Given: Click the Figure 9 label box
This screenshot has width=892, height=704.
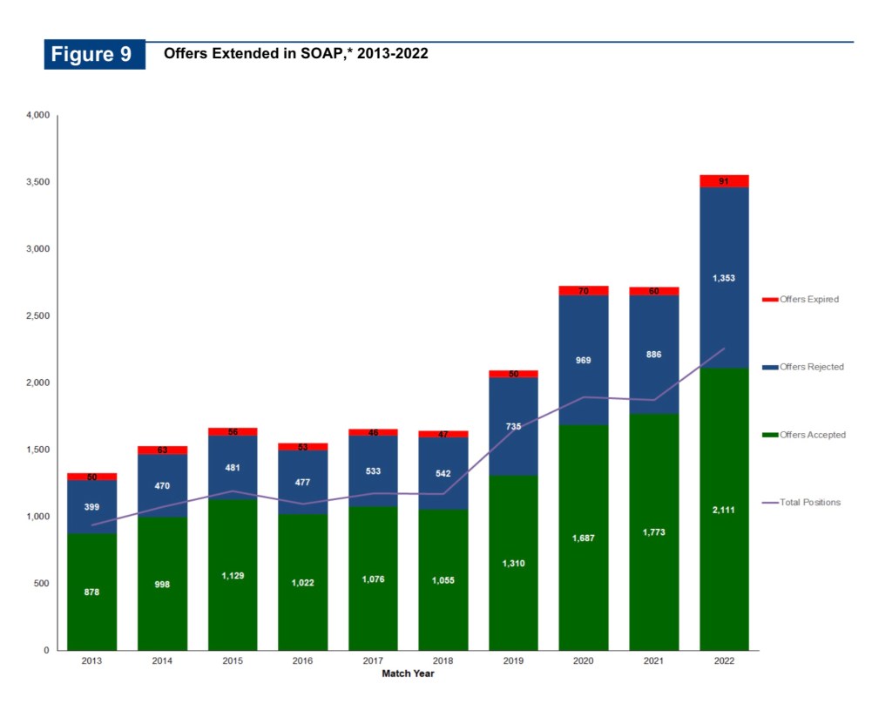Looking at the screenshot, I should tap(95, 54).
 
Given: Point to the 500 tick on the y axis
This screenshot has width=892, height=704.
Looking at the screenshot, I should tap(42, 584).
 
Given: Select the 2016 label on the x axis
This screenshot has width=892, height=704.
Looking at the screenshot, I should tap(302, 661).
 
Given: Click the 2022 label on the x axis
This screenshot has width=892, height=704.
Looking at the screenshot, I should tap(724, 661).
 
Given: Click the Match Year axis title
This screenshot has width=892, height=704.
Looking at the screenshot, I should tap(408, 674).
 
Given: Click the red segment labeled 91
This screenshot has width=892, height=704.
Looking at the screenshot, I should tap(724, 181).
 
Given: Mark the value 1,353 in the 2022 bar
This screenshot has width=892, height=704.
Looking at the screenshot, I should tap(724, 279).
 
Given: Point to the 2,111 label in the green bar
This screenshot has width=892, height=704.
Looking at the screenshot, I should tap(724, 510).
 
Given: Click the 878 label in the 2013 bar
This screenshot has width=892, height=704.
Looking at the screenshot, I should tap(91, 592).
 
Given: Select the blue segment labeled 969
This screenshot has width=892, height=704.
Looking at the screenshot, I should tap(583, 360).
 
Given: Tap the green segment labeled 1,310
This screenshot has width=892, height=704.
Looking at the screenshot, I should tap(513, 564).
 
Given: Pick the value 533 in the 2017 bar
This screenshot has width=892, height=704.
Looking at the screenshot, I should tap(373, 471).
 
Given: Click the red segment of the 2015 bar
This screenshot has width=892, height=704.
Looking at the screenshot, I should tap(233, 431).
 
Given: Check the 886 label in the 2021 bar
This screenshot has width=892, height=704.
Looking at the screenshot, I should tap(653, 355).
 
